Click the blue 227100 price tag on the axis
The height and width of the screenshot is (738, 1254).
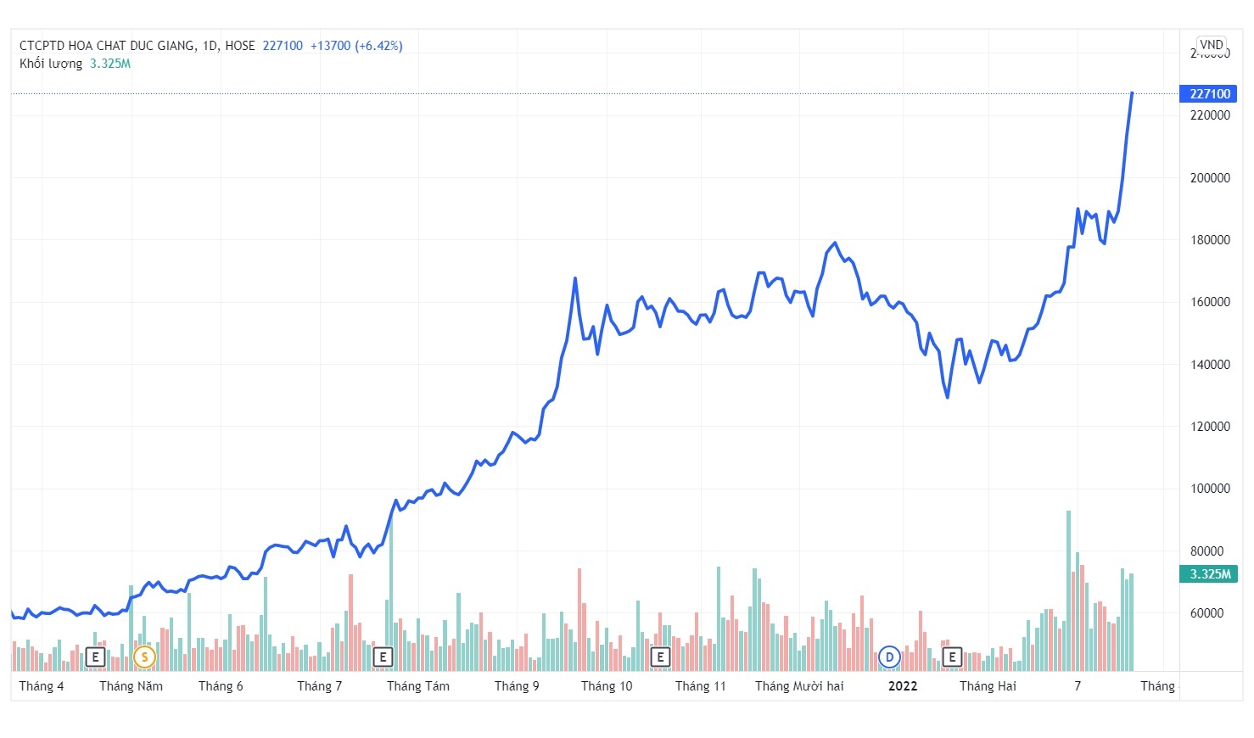point(1209,94)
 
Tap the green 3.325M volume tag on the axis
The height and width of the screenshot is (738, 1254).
point(1209,574)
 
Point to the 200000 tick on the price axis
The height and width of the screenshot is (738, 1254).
point(1210,178)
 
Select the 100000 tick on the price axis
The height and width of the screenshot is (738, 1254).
point(1210,489)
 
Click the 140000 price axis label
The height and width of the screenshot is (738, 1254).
point(1210,365)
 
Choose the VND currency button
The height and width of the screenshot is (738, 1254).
point(1211,45)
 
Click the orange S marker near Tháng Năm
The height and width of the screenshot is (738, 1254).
point(145,657)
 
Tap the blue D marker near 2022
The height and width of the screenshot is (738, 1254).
point(889,657)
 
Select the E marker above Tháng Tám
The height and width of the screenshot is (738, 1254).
point(383,657)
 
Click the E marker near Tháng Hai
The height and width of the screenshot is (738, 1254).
point(952,657)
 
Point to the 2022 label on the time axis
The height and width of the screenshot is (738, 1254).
point(903,686)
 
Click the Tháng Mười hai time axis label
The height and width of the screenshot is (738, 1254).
point(799,686)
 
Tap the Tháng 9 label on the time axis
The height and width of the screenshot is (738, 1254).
point(517,686)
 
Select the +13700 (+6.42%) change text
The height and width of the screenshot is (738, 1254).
point(356,46)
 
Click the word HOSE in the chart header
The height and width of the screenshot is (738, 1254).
point(240,46)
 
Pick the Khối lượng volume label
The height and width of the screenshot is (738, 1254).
point(51,64)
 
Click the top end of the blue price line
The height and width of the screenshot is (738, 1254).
point(1132,93)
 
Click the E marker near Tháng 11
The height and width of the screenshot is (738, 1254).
point(660,657)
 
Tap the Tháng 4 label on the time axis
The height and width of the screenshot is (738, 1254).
point(42,686)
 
